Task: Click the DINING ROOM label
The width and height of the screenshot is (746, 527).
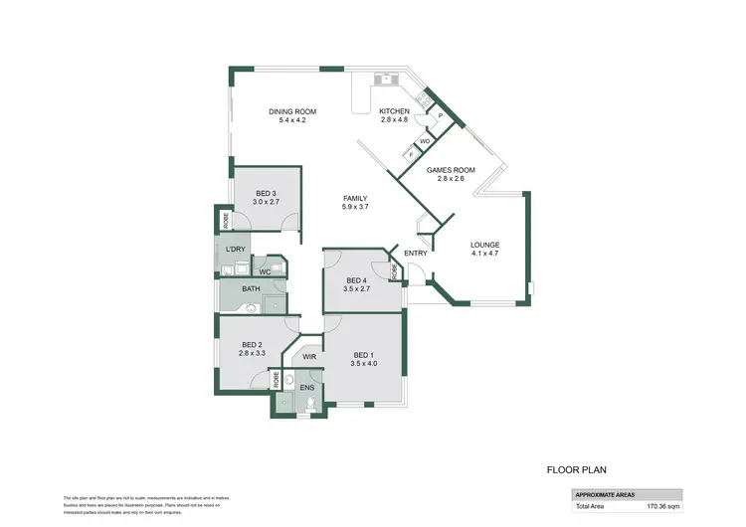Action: [x=293, y=111]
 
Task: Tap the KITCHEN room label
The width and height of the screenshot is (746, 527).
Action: [x=395, y=111]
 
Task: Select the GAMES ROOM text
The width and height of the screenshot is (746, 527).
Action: [x=451, y=170]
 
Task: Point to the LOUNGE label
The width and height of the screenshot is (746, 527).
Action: [x=485, y=245]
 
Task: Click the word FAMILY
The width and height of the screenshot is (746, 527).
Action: [x=355, y=198]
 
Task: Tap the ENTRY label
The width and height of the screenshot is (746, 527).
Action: [x=416, y=253]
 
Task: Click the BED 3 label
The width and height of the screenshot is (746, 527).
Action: [x=265, y=193]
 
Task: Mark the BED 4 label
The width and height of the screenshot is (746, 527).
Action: [x=356, y=281]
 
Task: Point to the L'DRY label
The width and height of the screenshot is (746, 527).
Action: [x=235, y=249]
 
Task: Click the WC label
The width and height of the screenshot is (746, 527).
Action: [x=265, y=271]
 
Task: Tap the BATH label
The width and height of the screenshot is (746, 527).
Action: [x=251, y=289]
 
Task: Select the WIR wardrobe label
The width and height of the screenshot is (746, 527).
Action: [x=309, y=355]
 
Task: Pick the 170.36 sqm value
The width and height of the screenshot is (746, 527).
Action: [x=663, y=506]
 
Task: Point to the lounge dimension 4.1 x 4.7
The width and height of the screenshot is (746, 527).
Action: [x=485, y=254]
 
